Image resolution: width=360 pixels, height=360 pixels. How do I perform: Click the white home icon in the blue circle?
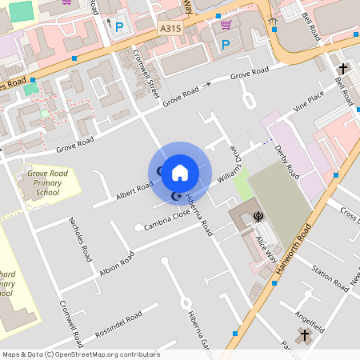click(x=180, y=173)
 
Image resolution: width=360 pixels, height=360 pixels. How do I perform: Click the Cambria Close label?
click(x=166, y=218)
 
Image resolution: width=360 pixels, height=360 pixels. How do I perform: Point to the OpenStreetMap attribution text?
click(x=80, y=354)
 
